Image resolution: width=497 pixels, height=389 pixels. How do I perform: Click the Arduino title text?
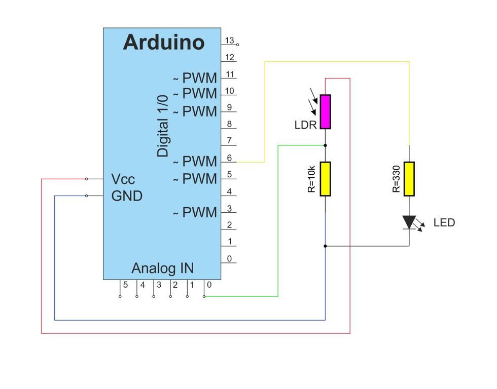point(163,43)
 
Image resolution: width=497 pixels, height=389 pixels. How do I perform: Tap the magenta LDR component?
point(325,111)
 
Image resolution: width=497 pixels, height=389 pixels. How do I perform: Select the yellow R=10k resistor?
point(325,179)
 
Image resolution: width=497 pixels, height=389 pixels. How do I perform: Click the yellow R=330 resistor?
point(409,179)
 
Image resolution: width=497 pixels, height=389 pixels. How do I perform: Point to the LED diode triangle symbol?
point(409,222)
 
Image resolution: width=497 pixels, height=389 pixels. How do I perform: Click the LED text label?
point(444,223)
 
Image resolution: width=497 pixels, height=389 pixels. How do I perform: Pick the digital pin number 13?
point(230,41)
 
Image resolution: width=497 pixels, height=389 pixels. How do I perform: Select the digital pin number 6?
point(230,158)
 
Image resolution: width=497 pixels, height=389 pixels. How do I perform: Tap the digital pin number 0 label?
point(230,258)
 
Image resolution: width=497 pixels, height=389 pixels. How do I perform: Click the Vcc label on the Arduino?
point(123,179)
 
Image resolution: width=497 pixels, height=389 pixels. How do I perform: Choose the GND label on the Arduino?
point(127,196)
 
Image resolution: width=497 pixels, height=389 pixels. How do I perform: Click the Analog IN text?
point(162,268)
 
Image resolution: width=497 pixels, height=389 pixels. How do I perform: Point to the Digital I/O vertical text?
point(163,125)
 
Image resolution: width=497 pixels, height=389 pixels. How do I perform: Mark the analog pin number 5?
point(125,285)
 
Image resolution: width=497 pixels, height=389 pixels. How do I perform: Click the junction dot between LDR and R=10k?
point(325,145)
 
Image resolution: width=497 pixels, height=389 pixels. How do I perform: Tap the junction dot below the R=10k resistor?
point(325,246)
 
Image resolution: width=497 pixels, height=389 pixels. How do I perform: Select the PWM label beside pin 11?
point(199,78)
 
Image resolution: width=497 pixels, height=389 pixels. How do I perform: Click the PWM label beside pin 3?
point(199,212)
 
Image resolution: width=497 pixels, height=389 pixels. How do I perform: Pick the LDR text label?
point(305,125)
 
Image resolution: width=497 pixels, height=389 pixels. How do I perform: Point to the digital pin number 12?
point(230,57)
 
